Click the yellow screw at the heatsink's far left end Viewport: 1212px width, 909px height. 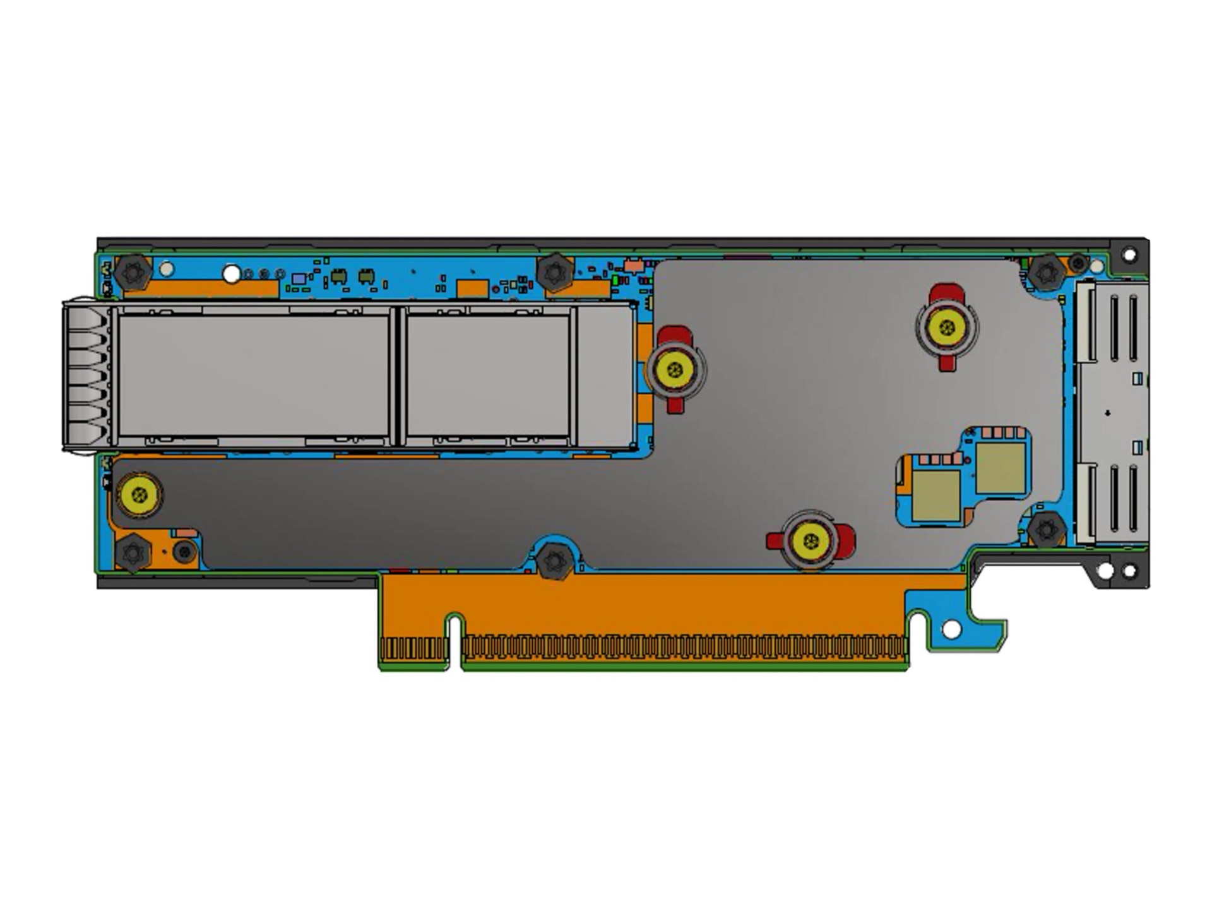pyautogui.click(x=140, y=494)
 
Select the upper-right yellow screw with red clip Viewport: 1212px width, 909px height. pyautogui.click(x=946, y=326)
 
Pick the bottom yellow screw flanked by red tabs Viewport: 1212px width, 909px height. pyautogui.click(x=811, y=541)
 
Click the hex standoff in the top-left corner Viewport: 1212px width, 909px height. pyautogui.click(x=133, y=273)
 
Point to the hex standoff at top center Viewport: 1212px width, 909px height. pyautogui.click(x=554, y=272)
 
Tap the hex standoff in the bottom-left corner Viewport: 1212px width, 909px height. pyautogui.click(x=133, y=554)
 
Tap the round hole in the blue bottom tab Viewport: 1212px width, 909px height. pyautogui.click(x=951, y=629)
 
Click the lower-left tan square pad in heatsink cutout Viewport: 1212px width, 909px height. pyautogui.click(x=936, y=496)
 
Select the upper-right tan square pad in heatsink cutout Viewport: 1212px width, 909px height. pyautogui.click(x=1000, y=468)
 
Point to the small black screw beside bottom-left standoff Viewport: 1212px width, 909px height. pyautogui.click(x=184, y=552)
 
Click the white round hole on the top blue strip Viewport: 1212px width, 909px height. pyautogui.click(x=232, y=274)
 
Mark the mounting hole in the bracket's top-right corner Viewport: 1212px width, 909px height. pyautogui.click(x=1130, y=255)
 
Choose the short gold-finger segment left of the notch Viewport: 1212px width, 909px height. pyautogui.click(x=414, y=649)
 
